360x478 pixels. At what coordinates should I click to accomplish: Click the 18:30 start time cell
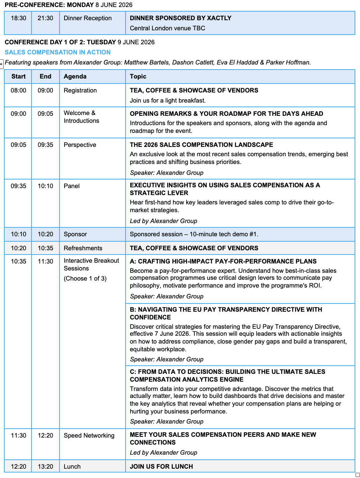click(18, 18)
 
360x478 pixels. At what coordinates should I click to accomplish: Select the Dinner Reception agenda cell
click(87, 18)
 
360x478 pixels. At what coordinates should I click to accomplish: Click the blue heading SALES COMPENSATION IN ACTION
click(58, 52)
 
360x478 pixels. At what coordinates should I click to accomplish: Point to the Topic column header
click(138, 77)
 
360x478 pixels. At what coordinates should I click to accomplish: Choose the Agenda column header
click(75, 77)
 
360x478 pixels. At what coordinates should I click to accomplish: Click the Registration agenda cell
click(80, 91)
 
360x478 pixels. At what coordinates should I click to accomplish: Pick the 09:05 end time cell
click(45, 114)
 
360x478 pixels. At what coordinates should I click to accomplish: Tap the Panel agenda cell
click(72, 186)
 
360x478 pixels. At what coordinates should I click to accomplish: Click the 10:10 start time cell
click(18, 234)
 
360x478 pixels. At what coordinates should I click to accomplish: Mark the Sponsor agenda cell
click(75, 234)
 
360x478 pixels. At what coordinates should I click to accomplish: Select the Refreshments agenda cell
click(83, 248)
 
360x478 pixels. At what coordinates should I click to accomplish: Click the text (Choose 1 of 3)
click(85, 279)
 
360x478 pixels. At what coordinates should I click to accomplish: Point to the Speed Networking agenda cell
click(89, 436)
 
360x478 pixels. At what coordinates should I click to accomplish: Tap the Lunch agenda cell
click(72, 467)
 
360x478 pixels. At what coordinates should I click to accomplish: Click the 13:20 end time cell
click(45, 467)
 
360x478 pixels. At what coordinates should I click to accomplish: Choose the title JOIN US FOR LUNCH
click(161, 467)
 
